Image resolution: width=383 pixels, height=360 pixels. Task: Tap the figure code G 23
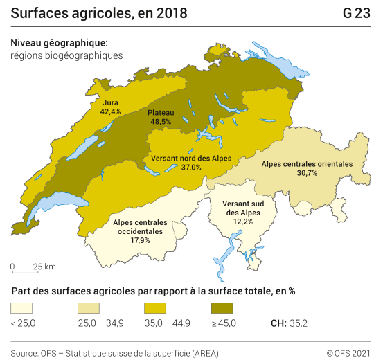[x=356, y=13]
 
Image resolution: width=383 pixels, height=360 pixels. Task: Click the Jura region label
[x=110, y=102]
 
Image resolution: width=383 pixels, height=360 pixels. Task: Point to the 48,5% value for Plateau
[x=161, y=121]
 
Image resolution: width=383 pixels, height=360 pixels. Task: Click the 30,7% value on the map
[x=307, y=173]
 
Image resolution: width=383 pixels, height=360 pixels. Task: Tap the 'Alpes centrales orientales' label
[x=307, y=164]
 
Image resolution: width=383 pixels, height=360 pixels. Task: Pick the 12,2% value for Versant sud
[x=242, y=222]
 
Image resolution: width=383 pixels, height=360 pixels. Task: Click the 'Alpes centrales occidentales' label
[x=140, y=226]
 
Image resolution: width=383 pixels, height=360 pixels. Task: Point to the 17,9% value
[x=140, y=240]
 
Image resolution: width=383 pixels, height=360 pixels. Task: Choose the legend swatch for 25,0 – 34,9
[x=91, y=307]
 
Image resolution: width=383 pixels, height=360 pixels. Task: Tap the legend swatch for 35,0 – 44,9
[x=157, y=307]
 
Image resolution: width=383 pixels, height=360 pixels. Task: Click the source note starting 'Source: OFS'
[x=114, y=352]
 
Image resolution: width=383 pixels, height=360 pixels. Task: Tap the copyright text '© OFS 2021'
[x=349, y=352]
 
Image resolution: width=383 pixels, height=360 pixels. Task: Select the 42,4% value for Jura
[x=110, y=111]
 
